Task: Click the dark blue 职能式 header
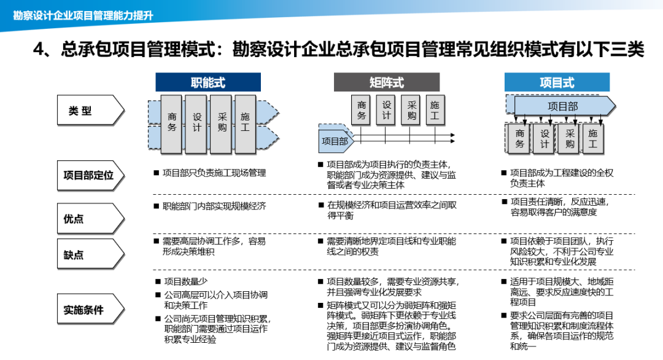[x=207, y=82]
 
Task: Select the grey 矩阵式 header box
[x=387, y=82]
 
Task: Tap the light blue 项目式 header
[x=557, y=82]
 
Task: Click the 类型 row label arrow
[x=90, y=111]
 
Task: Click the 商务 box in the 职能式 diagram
[x=172, y=123]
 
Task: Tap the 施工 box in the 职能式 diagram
[x=245, y=123]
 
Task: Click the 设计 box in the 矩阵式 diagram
[x=387, y=111]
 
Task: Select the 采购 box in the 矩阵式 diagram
[x=411, y=111]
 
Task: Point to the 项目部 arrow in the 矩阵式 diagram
[x=335, y=141]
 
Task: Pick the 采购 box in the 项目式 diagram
[x=569, y=139]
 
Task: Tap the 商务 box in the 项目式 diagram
[x=520, y=139]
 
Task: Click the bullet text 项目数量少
[x=184, y=282]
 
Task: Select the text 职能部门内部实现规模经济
[x=214, y=206]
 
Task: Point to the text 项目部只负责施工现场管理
[x=214, y=173]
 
